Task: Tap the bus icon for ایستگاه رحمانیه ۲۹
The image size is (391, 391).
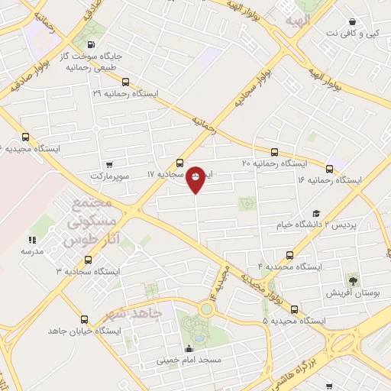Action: (x=125, y=82)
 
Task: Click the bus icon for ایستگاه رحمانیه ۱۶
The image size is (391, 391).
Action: (x=330, y=169)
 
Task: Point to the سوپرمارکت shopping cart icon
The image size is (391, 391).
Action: (x=109, y=164)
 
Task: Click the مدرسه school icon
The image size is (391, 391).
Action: (x=32, y=240)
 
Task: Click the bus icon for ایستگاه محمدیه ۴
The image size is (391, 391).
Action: (x=289, y=255)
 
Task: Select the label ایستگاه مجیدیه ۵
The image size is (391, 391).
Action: (x=292, y=321)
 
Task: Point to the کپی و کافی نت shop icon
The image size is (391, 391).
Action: (x=351, y=22)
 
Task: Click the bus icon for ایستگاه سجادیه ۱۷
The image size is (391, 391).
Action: (x=179, y=162)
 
